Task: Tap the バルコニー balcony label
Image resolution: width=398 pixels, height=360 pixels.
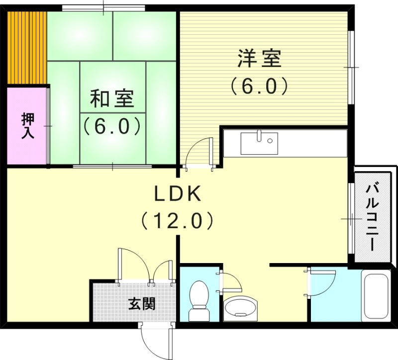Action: [x=371, y=217]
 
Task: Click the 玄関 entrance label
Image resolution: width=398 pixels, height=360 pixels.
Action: [x=142, y=303]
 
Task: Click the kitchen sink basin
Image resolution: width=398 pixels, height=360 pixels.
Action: [x=258, y=143]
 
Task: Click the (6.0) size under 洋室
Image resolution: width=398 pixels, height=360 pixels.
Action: [x=259, y=87]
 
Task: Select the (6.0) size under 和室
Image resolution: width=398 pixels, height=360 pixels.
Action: [x=111, y=126]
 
